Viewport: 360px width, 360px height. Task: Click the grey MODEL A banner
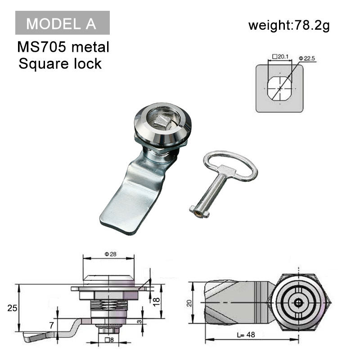point(62,23)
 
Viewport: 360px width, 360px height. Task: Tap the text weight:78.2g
point(289,25)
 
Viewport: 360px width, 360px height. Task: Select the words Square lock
point(60,63)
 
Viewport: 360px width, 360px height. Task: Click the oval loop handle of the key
point(230,166)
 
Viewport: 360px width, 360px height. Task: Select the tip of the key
point(198,211)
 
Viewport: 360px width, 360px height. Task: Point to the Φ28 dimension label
point(110,254)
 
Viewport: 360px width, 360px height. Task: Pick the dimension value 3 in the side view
point(140,321)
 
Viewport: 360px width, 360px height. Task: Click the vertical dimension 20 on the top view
point(189,303)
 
